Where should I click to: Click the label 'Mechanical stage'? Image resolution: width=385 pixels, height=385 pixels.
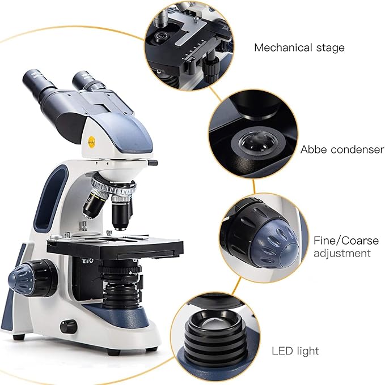click(299, 48)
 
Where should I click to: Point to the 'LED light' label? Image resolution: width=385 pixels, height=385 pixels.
click(295, 351)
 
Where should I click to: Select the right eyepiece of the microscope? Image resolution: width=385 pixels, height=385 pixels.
click(90, 81)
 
